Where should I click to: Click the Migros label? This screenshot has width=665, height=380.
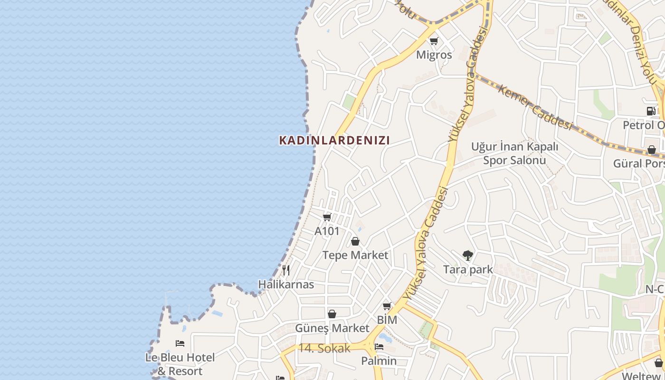(x=434, y=55)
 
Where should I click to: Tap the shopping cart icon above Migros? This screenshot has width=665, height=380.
(x=433, y=41)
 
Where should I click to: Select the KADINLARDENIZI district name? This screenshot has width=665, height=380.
(x=334, y=140)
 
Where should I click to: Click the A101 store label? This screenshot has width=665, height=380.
(x=327, y=231)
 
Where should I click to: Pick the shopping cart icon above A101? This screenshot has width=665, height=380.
(x=327, y=217)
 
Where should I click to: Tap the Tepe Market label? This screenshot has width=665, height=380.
(x=355, y=255)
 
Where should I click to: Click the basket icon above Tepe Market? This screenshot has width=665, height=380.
(x=355, y=241)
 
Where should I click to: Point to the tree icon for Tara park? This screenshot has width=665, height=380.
(x=467, y=256)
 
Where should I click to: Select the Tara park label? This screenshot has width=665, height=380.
(x=468, y=269)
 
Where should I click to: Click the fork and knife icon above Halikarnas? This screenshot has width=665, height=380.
(x=286, y=270)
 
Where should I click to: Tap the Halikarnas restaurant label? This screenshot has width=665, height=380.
(x=286, y=284)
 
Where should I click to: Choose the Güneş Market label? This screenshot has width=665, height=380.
(x=332, y=328)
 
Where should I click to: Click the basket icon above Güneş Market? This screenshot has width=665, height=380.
(x=332, y=314)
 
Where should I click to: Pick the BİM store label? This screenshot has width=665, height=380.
(x=387, y=320)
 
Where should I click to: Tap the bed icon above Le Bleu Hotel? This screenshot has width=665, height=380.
(x=180, y=343)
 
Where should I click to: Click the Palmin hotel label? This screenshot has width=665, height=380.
(x=379, y=361)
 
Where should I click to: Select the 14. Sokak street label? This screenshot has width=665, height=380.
(x=324, y=348)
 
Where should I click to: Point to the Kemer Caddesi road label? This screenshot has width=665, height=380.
(x=534, y=106)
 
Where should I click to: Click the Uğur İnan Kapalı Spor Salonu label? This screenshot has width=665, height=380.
(x=514, y=153)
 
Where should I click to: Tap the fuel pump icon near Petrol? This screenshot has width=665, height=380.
(x=651, y=111)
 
